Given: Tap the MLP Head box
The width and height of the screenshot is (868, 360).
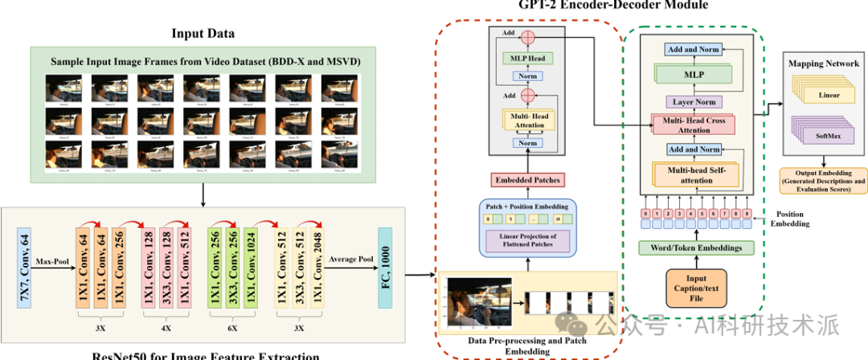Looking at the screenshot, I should click(x=526, y=57).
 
